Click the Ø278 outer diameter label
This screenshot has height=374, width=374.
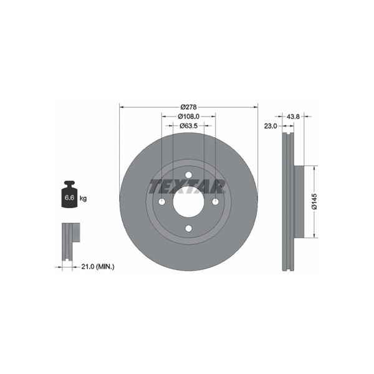[x=188, y=107]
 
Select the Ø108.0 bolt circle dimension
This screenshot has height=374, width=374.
[x=188, y=117]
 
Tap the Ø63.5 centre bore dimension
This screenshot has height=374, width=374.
[x=188, y=126]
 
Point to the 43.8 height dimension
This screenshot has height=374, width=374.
[x=293, y=117]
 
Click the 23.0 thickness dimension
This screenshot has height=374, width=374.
[x=271, y=126]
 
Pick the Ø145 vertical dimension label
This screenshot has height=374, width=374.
[x=315, y=201]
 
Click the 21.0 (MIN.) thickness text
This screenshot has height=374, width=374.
[x=98, y=267]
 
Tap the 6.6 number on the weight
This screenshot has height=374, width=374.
[x=69, y=198]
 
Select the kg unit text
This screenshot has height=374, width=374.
[x=83, y=198]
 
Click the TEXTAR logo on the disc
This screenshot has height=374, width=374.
[x=187, y=186]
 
